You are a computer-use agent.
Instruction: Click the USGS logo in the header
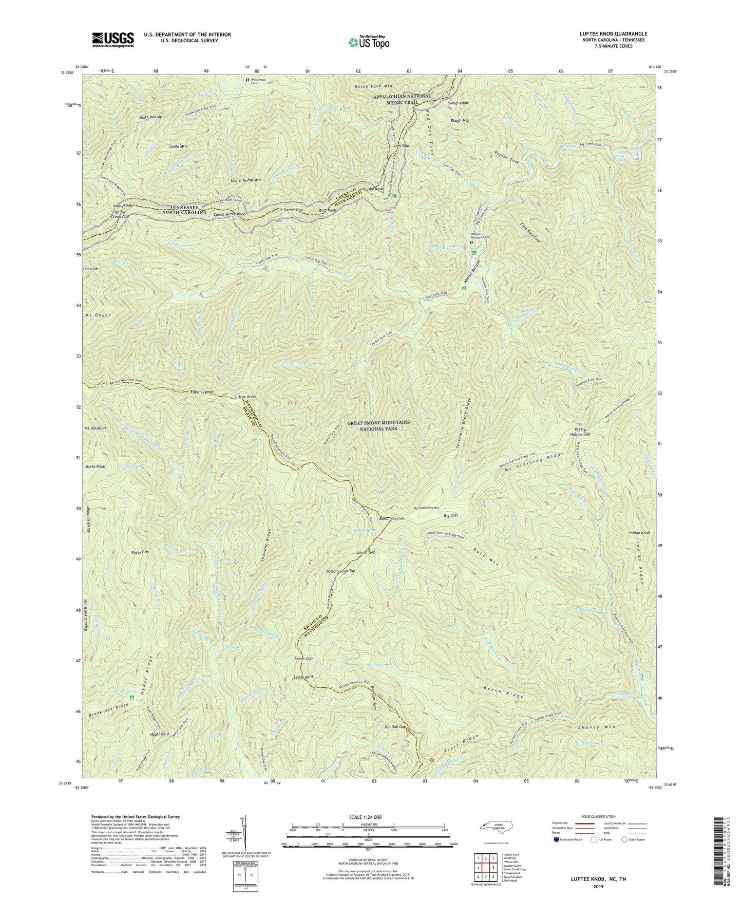(x=113, y=40)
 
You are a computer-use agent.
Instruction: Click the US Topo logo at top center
(x=368, y=42)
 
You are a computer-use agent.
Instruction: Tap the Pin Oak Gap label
(x=395, y=727)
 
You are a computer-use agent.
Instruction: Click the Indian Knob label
(x=639, y=533)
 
